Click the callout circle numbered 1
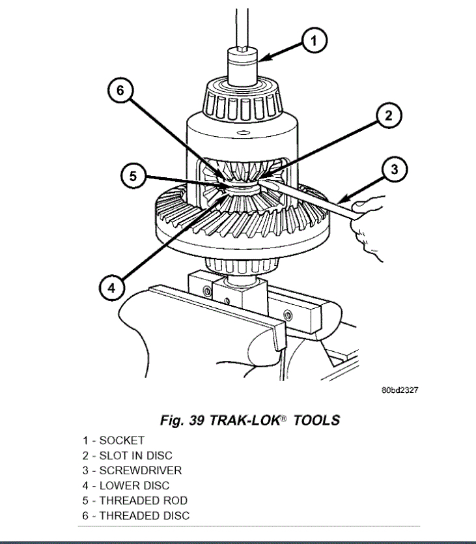click(313, 42)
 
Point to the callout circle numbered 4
click(112, 287)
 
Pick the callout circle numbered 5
click(133, 176)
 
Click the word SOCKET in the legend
click(122, 440)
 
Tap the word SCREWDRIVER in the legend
click(141, 470)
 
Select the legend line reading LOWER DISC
click(126, 485)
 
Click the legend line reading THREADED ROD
click(135, 500)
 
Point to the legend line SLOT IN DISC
click(128, 455)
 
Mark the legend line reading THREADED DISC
click(136, 515)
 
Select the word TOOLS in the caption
click(317, 420)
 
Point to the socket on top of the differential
click(242, 66)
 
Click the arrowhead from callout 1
click(260, 61)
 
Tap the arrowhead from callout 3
click(339, 199)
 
